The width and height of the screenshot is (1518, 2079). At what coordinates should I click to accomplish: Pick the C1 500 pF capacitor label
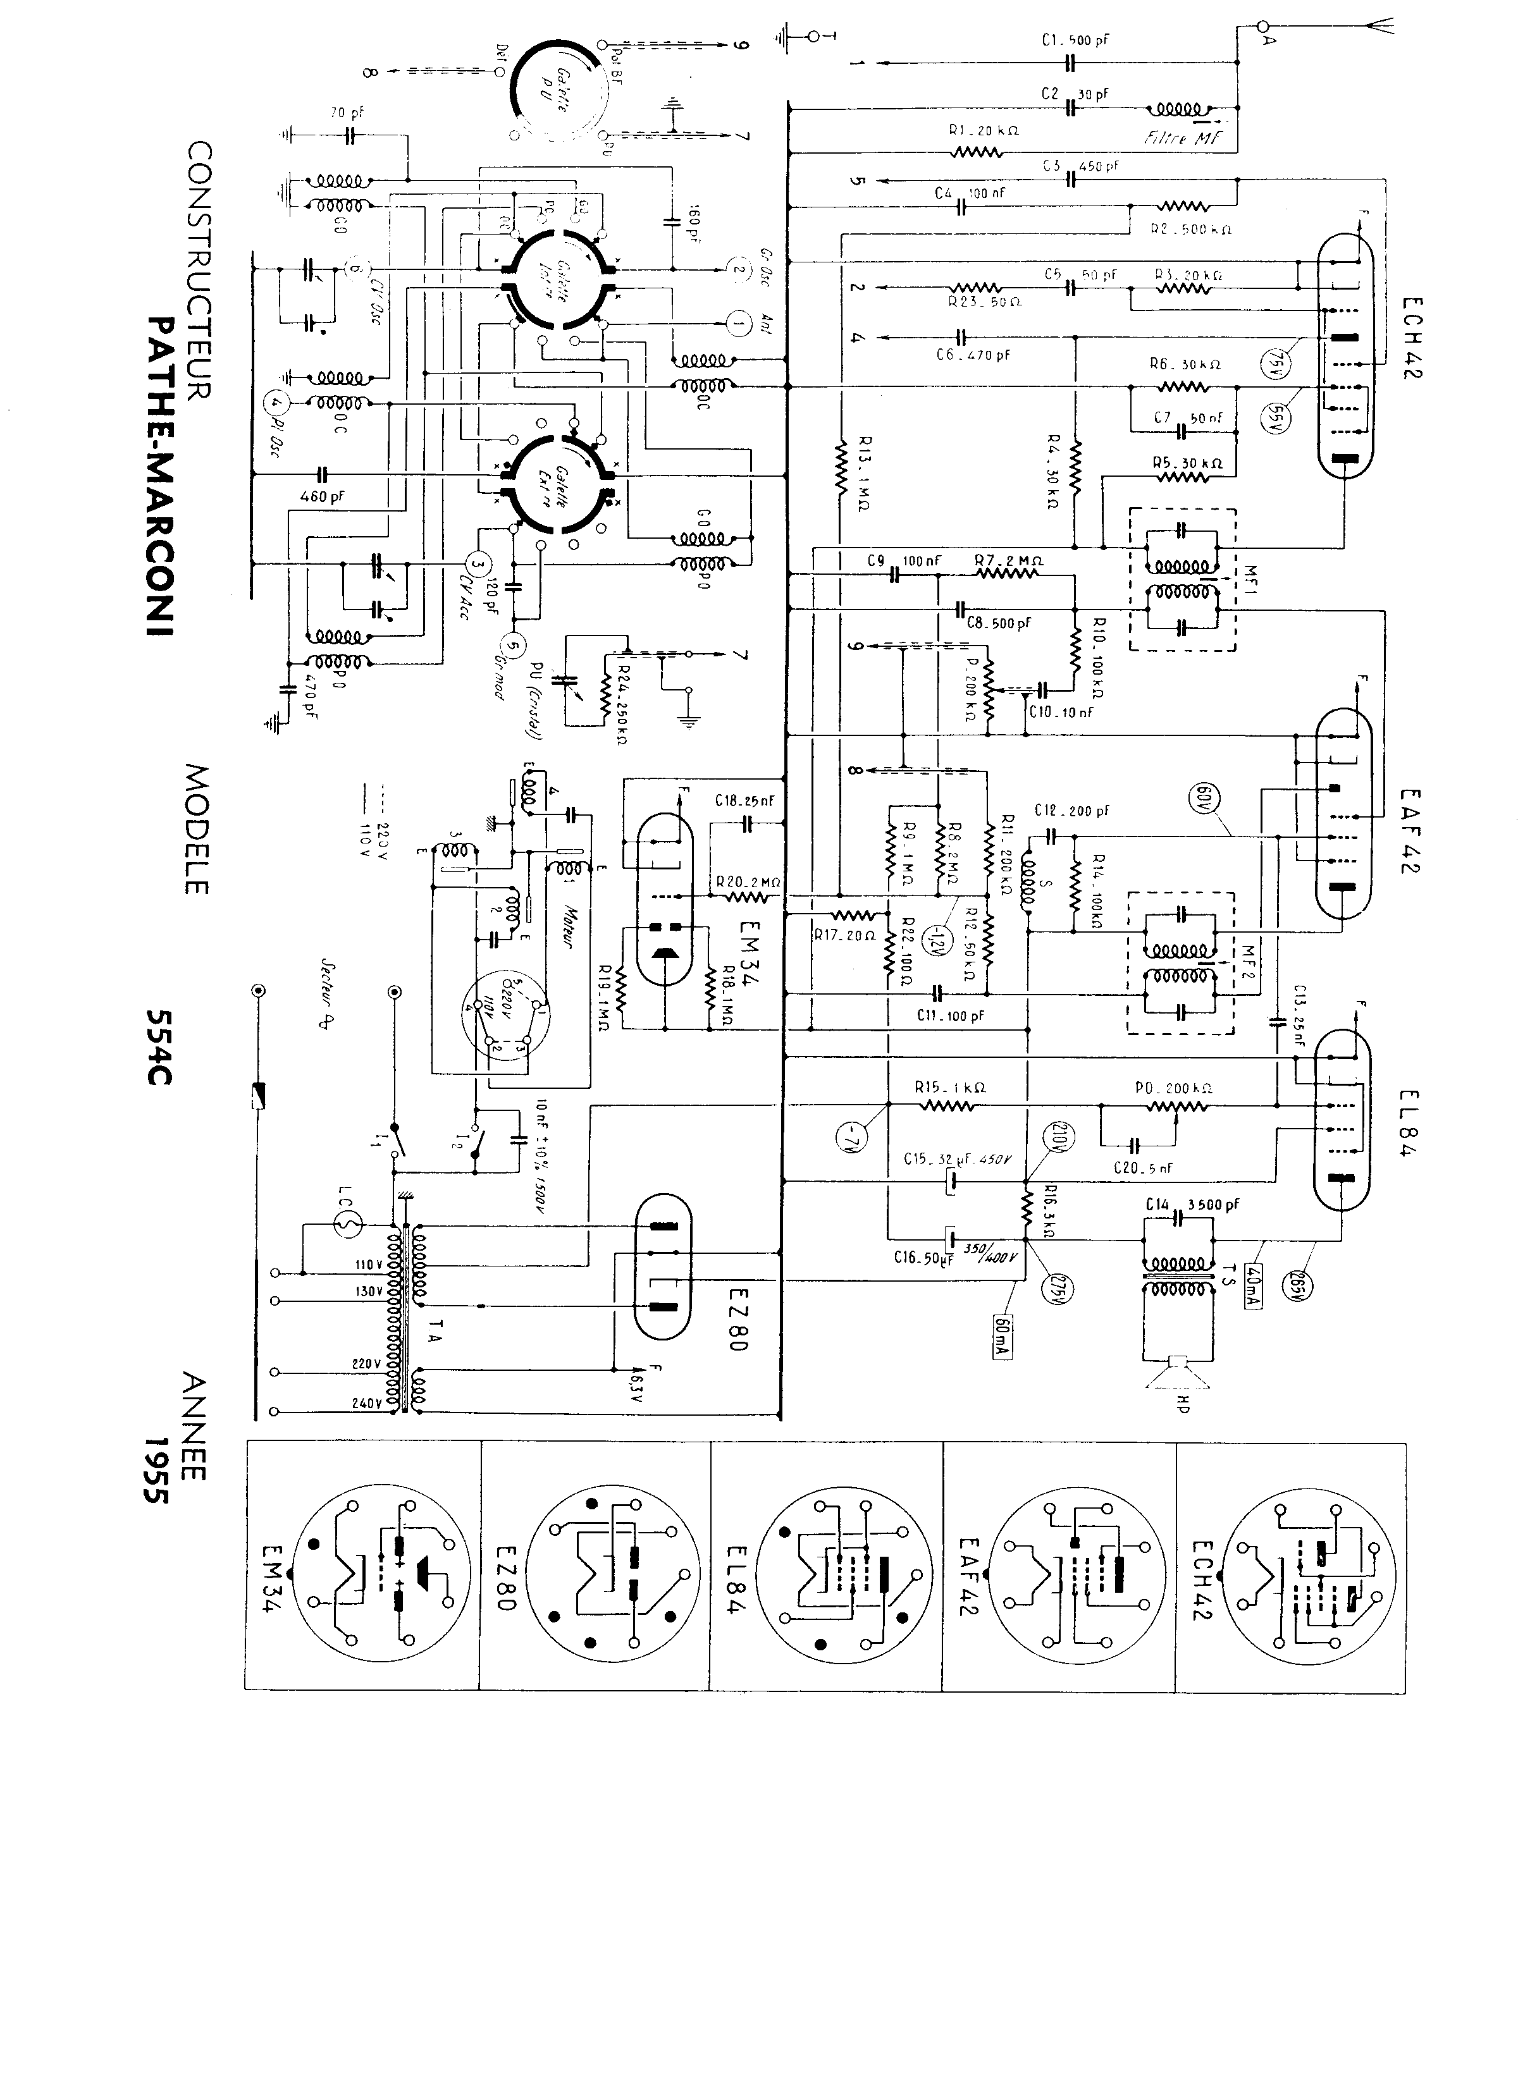click(x=1075, y=40)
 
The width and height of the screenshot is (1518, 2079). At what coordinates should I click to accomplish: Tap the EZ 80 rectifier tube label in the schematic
click(x=741, y=1320)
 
